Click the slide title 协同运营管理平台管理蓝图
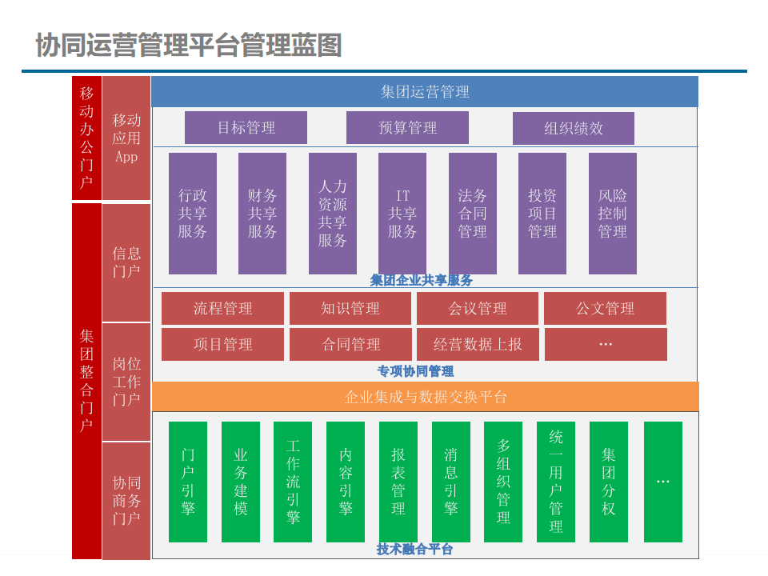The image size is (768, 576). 189,45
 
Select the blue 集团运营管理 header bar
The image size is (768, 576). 424,91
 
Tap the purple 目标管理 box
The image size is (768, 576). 246,128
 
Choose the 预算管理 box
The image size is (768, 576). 407,128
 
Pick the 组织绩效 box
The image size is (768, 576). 573,128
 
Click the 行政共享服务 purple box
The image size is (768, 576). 192,214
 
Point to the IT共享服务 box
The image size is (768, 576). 402,214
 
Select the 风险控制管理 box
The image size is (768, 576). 612,214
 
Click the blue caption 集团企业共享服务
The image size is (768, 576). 422,280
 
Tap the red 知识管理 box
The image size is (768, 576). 350,309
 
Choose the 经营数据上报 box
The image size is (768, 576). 478,344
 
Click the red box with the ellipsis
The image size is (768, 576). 606,344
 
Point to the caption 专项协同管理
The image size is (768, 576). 415,371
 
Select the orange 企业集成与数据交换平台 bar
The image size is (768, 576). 425,397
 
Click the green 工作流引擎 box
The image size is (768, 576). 293,482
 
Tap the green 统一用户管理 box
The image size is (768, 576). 556,482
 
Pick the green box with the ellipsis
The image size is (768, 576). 663,482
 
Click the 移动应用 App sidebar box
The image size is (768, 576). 126,138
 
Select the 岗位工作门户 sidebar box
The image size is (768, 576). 126,382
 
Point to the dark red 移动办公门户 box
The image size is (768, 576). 86,138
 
